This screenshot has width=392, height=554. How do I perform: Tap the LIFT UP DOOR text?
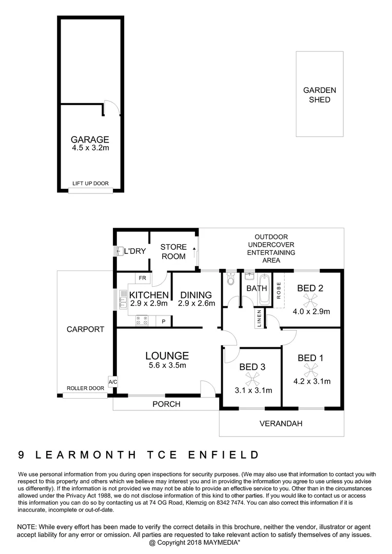pos(90,184)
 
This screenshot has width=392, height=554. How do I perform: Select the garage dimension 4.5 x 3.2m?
pos(90,148)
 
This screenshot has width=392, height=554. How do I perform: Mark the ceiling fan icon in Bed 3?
pos(251,379)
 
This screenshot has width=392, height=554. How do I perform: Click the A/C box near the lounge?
pos(112,381)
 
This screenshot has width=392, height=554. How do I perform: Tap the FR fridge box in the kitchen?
pos(142,278)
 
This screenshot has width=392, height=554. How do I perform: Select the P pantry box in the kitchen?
pos(164,322)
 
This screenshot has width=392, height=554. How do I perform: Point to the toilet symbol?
pos(230,280)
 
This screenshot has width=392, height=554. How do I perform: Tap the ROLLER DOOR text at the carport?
pos(86,389)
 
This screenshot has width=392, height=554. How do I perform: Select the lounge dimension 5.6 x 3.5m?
pos(166,365)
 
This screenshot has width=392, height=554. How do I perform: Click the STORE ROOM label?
pos(173,251)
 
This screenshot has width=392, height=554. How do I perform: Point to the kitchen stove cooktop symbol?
pos(141,322)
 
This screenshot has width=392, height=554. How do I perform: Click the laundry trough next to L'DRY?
pos(119,251)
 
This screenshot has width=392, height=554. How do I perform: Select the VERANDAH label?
pos(281,424)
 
